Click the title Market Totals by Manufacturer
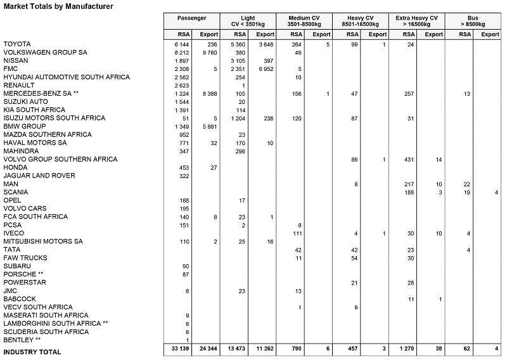[x=58, y=7]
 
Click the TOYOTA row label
[x=17, y=44]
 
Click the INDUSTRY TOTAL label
[x=33, y=351]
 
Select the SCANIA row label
[x=15, y=192]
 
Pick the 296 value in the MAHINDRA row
[x=240, y=151]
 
